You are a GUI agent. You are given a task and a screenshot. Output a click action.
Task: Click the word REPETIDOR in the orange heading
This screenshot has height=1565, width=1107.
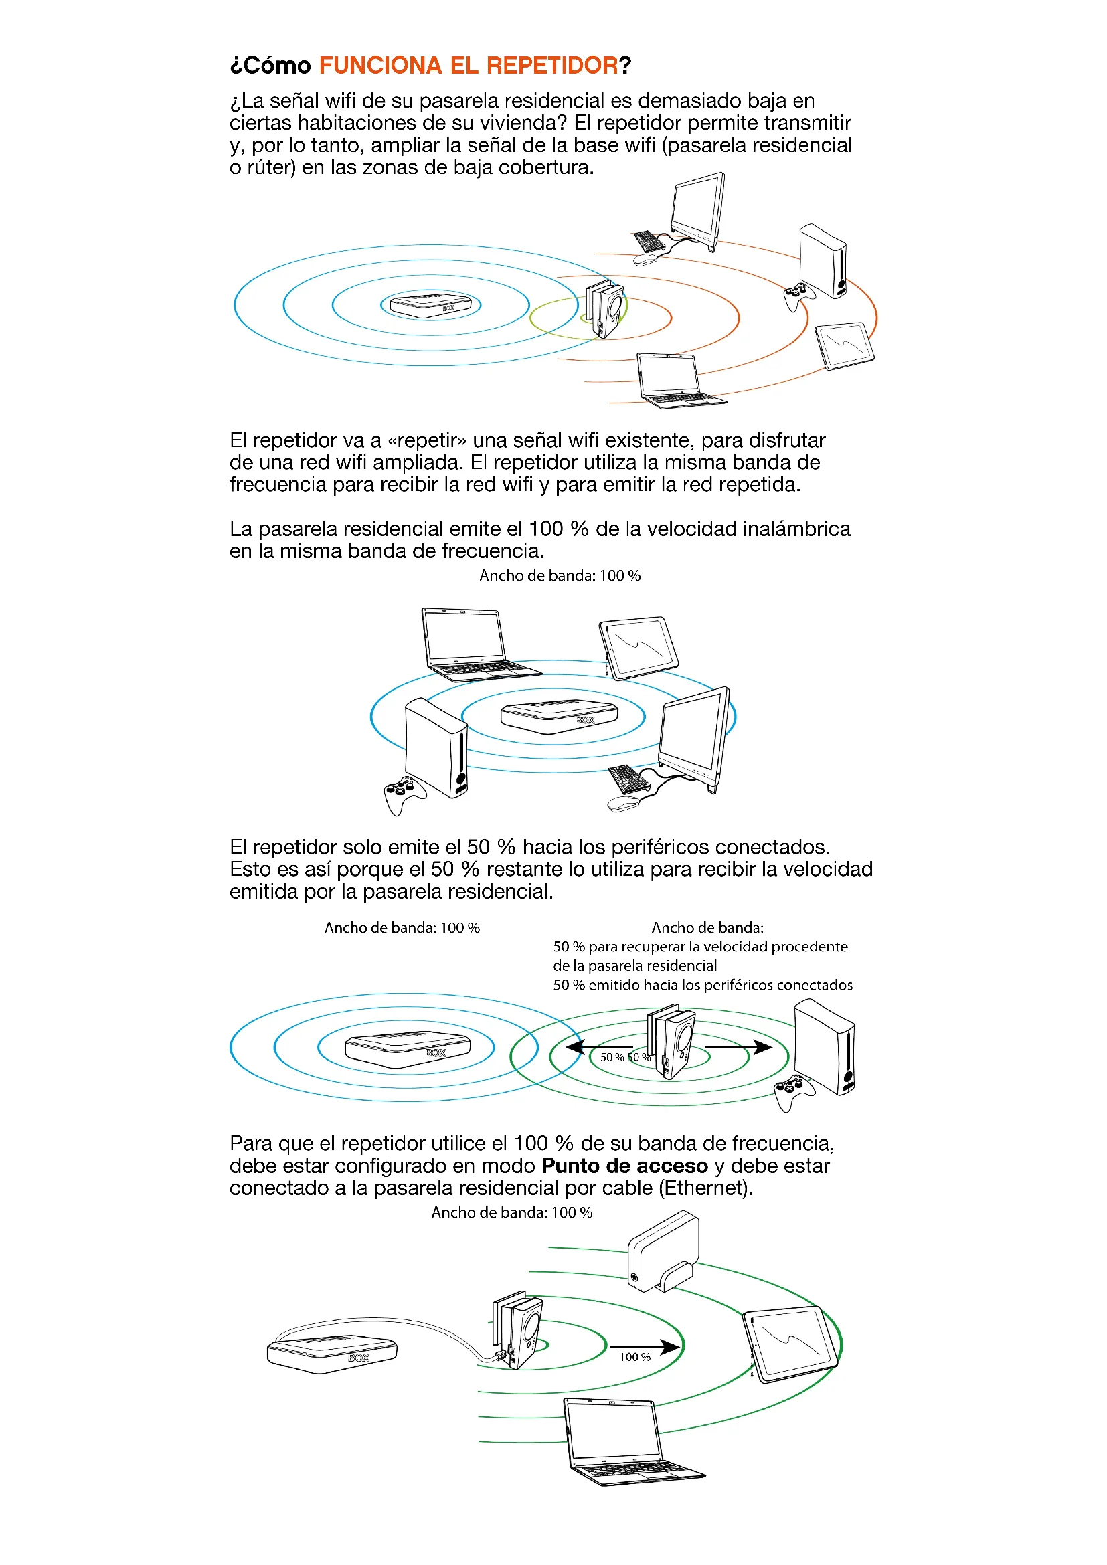click(x=551, y=66)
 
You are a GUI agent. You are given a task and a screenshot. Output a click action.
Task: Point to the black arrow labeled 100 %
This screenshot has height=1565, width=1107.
click(x=644, y=1346)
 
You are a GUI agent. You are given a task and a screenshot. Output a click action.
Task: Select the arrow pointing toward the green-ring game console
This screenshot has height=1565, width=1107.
click(x=739, y=1046)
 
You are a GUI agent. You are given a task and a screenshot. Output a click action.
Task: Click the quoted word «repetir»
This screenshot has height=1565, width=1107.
click(x=427, y=440)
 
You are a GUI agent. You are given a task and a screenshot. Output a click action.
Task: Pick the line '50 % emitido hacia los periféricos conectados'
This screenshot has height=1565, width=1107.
click(x=702, y=985)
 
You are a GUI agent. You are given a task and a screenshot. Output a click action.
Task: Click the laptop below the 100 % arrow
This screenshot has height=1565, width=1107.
click(x=627, y=1442)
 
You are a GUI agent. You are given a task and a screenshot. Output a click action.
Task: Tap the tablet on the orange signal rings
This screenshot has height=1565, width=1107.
click(x=845, y=345)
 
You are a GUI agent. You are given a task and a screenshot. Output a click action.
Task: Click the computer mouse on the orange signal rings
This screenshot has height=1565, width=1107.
click(x=645, y=260)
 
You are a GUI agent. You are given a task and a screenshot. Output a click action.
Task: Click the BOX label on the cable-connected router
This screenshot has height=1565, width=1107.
click(x=359, y=1357)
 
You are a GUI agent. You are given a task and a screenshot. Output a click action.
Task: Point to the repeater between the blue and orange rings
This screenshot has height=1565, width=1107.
click(x=605, y=307)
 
